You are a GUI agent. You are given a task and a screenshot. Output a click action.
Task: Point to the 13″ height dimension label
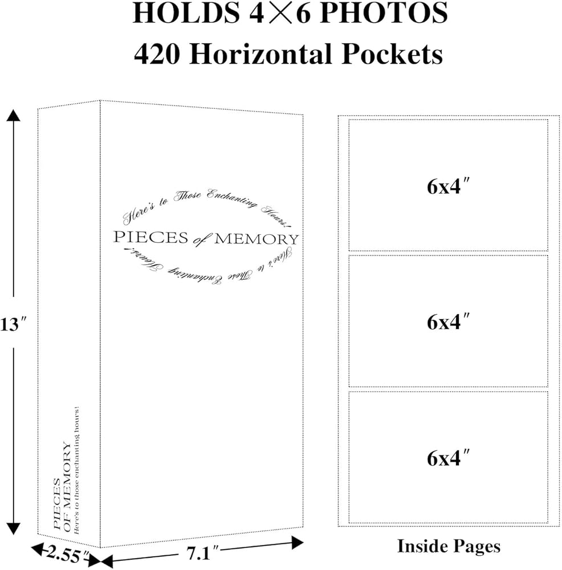(x=12, y=325)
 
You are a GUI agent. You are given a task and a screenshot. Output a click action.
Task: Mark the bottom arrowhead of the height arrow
(x=14, y=529)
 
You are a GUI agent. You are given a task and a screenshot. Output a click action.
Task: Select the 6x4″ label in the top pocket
(x=449, y=186)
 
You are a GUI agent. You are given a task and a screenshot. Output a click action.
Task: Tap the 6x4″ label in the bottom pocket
(x=449, y=458)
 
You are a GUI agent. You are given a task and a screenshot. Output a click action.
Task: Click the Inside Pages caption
(x=449, y=546)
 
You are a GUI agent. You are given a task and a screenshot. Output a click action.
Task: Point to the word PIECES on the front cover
(x=150, y=237)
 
